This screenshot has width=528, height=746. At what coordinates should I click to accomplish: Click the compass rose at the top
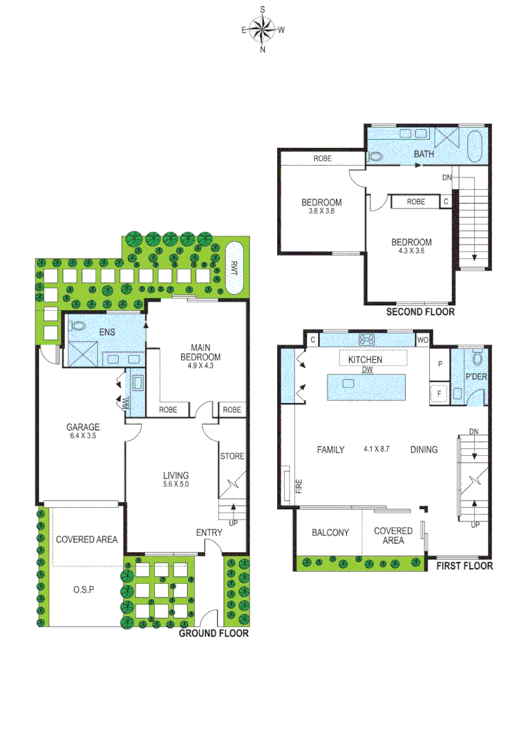coord(263,29)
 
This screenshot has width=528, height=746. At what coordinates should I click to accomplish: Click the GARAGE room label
coord(83,427)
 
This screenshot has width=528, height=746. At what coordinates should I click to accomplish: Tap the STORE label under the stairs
coord(232,456)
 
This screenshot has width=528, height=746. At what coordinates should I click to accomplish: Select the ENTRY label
coord(209,532)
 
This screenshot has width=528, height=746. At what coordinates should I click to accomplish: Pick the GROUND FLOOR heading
coord(214,633)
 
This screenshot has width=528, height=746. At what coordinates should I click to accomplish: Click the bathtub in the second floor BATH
coord(476,145)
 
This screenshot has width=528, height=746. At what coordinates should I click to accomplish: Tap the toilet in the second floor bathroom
coord(375,156)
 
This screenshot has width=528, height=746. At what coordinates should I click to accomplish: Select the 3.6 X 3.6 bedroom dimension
coord(321,211)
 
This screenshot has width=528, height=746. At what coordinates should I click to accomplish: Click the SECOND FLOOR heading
coord(419,312)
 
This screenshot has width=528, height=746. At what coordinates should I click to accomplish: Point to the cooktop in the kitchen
coord(366,339)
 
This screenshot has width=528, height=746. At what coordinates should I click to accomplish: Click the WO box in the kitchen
coord(422,340)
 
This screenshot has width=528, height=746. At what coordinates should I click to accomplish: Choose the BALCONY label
coord(330,533)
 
